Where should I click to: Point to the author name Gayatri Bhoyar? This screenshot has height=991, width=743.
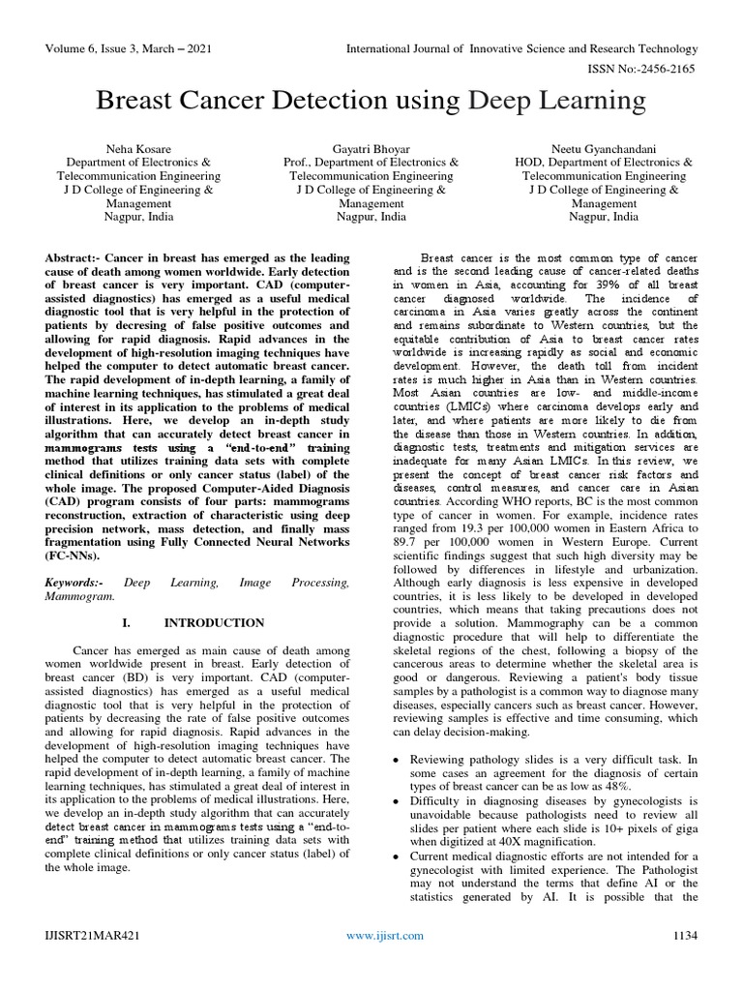pyautogui.click(x=371, y=149)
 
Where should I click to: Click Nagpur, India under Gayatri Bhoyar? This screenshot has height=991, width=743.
pyautogui.click(x=371, y=217)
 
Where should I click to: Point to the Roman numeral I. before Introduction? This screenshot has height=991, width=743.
pyautogui.click(x=127, y=622)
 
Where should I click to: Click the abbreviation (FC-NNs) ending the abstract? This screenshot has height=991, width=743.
pyautogui.click(x=73, y=557)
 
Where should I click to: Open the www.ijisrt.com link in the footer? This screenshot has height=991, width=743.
pyautogui.click(x=385, y=962)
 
